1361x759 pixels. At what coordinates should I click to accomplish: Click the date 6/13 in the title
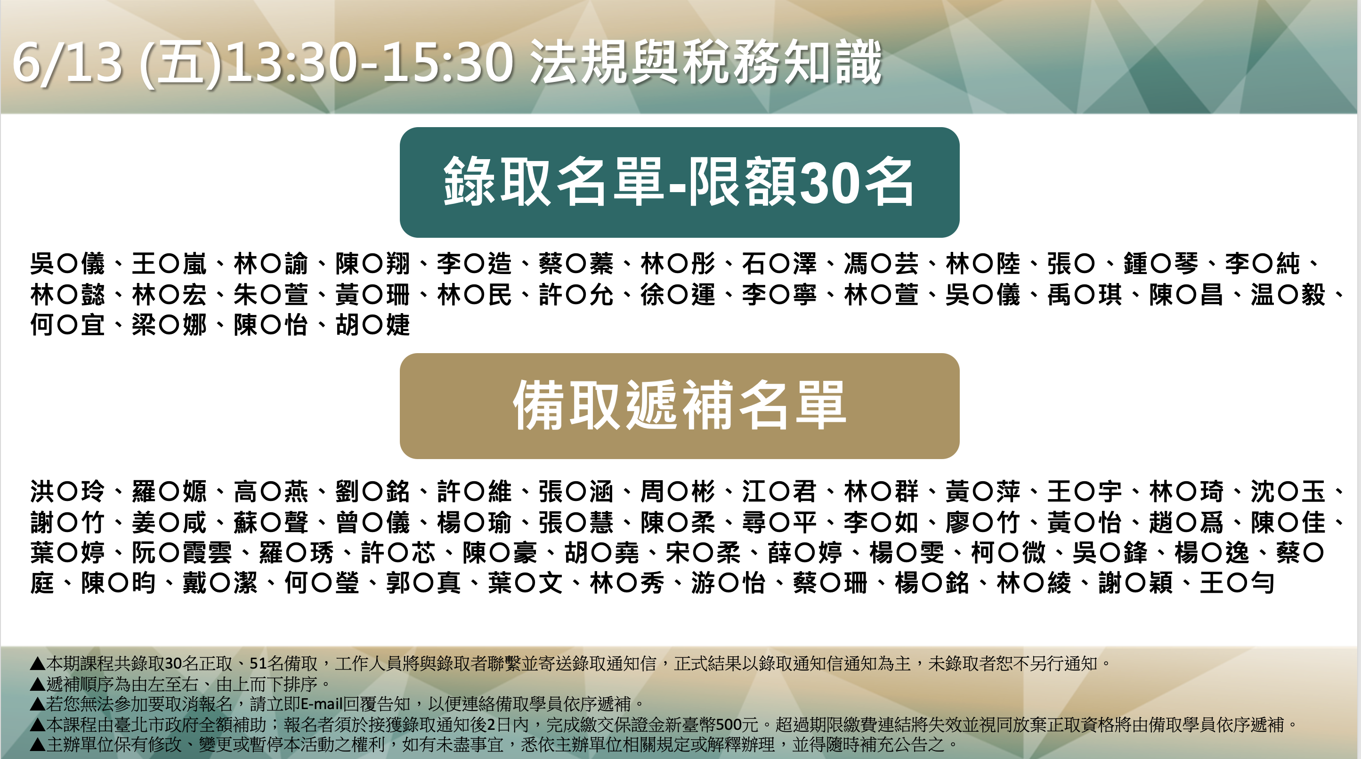coord(68,64)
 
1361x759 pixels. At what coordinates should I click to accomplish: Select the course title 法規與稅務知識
coord(706,62)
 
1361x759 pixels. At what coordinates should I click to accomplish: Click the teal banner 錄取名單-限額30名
coord(680,182)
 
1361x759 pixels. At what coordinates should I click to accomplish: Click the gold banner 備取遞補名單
coord(680,406)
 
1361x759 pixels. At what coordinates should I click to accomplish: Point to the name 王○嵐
coord(169,264)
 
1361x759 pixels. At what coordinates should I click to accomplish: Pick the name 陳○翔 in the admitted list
coord(373,264)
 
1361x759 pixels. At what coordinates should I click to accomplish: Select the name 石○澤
coord(779,264)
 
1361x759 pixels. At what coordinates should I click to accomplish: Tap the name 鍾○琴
coord(1160,264)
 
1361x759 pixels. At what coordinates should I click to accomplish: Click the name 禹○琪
coord(1085,295)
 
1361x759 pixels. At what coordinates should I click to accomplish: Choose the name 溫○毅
coord(1288,295)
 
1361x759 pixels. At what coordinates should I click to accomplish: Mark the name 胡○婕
coord(373,325)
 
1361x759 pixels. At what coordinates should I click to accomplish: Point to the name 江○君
coord(779,491)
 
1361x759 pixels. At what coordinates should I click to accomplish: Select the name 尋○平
coord(779,522)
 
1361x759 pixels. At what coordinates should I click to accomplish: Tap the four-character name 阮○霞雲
coord(182,552)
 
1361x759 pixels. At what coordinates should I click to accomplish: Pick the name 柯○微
coord(1008,552)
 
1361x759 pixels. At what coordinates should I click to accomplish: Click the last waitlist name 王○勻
coord(1237,583)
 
